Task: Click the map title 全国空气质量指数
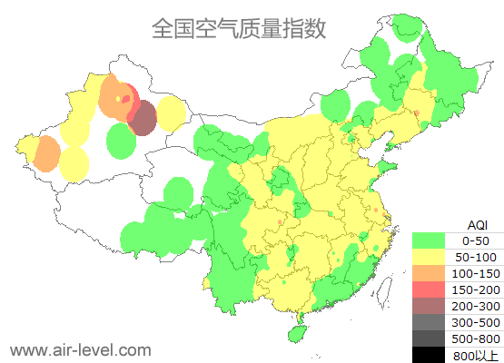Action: click(x=238, y=29)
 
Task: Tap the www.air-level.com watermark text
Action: click(x=80, y=349)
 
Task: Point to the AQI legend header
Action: click(x=478, y=224)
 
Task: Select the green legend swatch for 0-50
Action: click(x=432, y=240)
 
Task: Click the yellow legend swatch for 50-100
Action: click(x=432, y=257)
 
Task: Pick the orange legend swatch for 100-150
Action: click(x=432, y=273)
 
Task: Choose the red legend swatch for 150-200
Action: click(x=432, y=289)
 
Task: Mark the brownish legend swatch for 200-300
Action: click(x=432, y=306)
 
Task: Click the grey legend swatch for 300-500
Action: click(x=432, y=322)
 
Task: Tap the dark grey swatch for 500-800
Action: click(x=432, y=338)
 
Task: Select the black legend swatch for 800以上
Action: click(x=432, y=354)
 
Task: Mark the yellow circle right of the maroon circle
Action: click(x=171, y=113)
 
